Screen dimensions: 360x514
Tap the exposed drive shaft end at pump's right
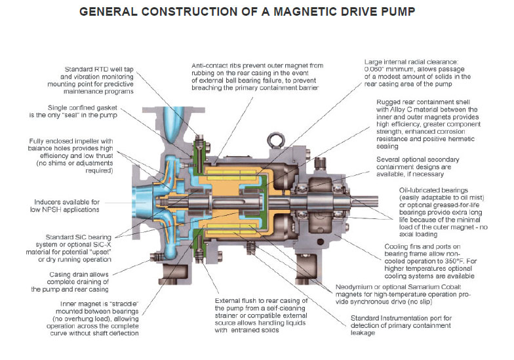(x=383, y=195)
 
